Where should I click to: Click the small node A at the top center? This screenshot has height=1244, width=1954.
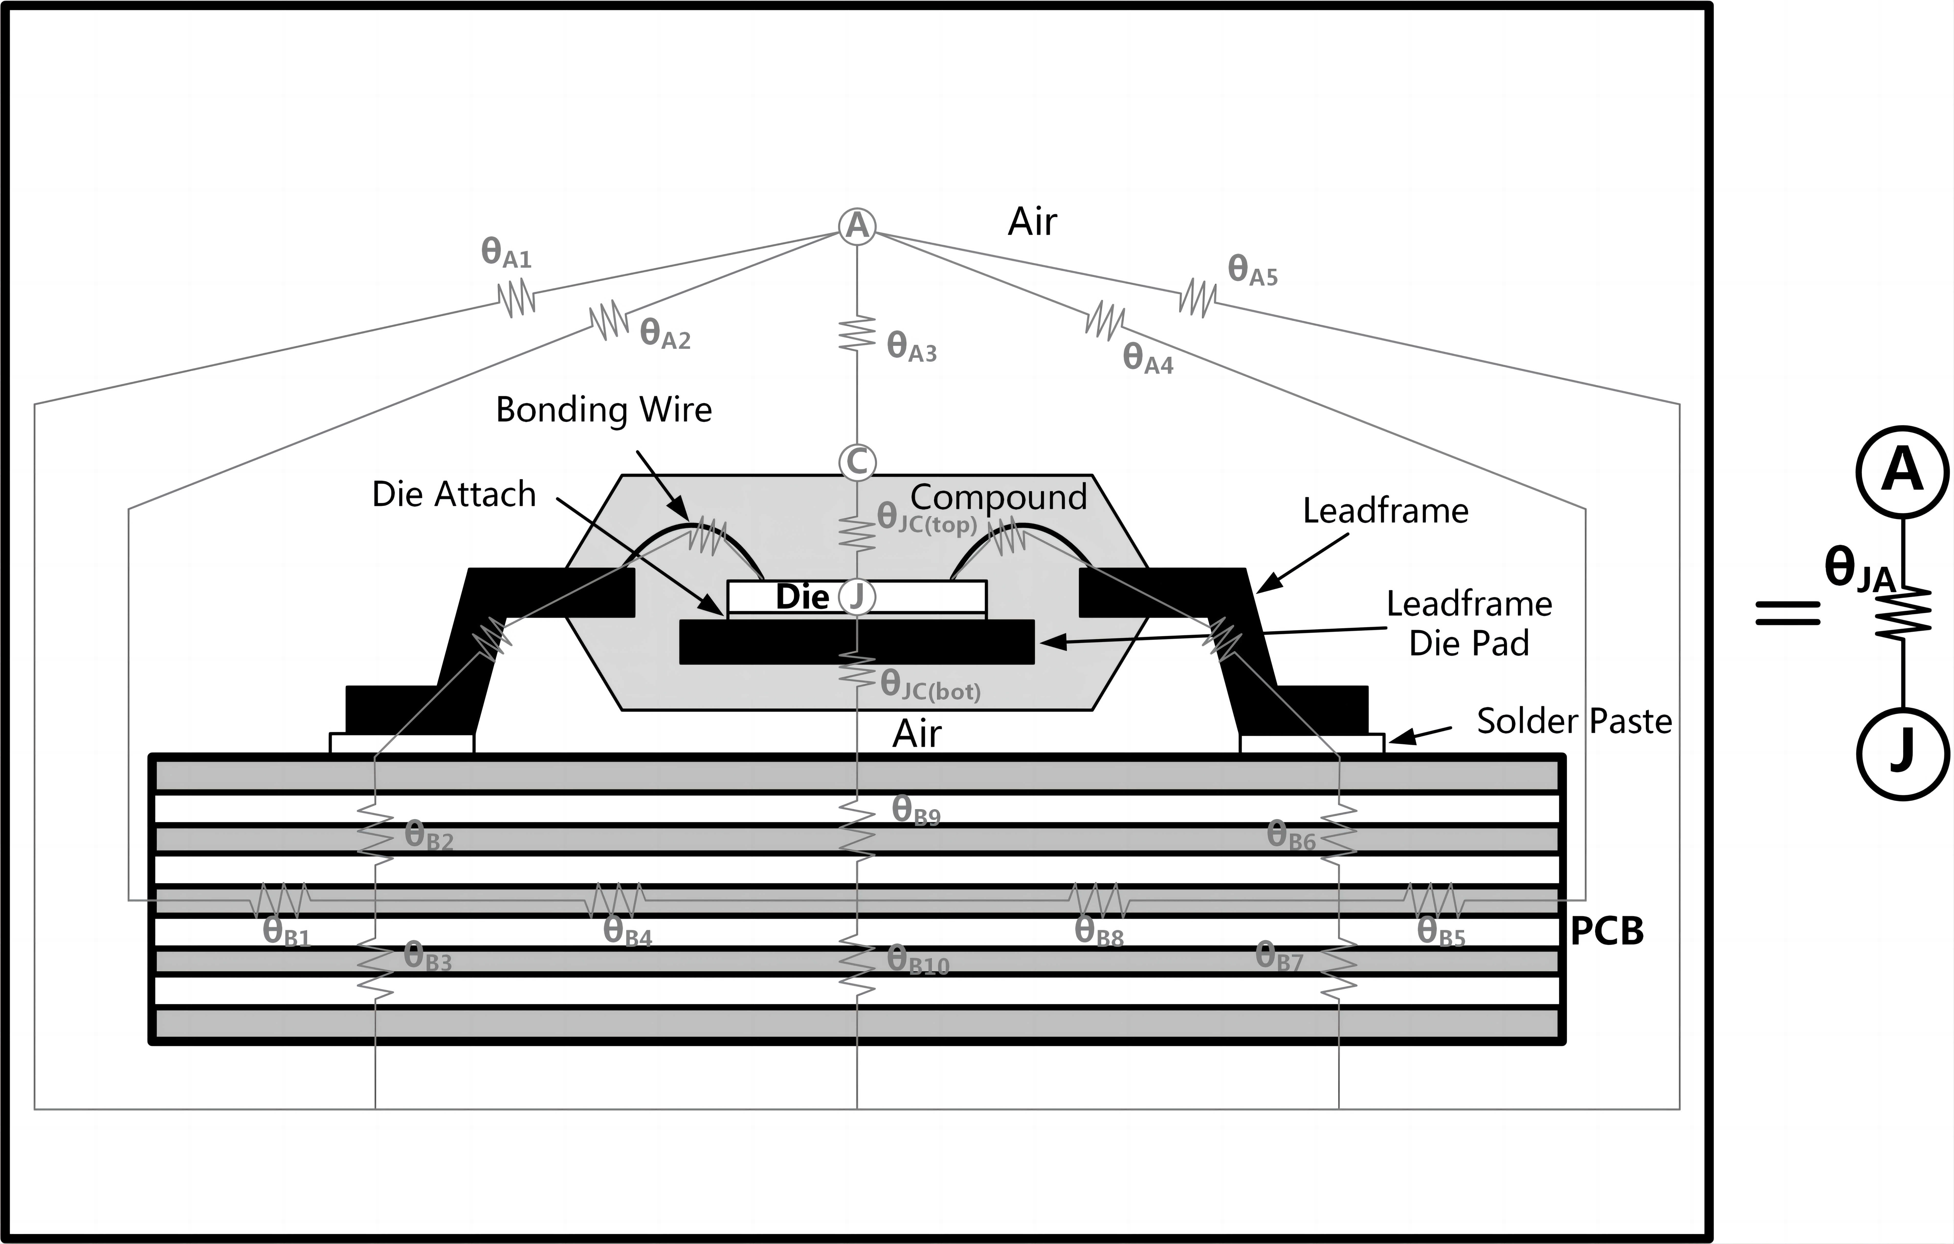[x=857, y=225]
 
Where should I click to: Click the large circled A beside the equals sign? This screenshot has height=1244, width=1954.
[x=1902, y=471]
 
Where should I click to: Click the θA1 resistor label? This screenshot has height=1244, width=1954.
[x=506, y=253]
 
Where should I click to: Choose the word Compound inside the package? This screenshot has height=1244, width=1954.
[x=998, y=497]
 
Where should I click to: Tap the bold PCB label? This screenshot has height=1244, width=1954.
[x=1607, y=932]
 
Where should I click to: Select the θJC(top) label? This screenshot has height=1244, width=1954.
[x=927, y=519]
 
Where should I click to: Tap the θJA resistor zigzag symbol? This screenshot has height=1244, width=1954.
[x=1902, y=614]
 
